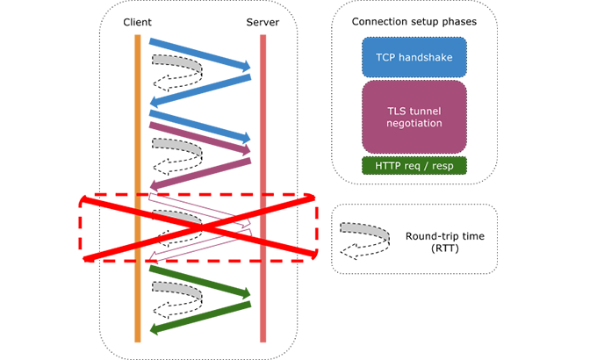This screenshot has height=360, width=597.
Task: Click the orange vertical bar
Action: pos(129,105)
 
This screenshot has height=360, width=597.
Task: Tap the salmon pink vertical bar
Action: pos(265,105)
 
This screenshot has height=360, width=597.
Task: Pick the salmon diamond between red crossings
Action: pos(267,227)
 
